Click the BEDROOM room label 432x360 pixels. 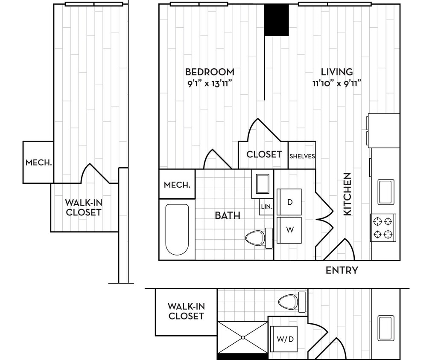(x=209, y=72)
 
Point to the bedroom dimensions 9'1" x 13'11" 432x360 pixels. (x=209, y=83)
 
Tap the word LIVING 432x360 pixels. (x=337, y=72)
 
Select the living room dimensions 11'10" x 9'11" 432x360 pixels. (x=337, y=83)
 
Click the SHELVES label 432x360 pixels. (x=302, y=156)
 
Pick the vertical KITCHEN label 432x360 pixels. (x=347, y=194)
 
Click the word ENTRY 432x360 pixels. (x=342, y=270)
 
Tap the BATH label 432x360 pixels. (x=227, y=215)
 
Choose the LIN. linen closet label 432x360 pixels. (x=266, y=207)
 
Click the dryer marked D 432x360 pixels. (x=289, y=202)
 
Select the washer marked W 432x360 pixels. (x=289, y=230)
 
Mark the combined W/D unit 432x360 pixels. (x=285, y=340)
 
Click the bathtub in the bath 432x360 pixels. (x=177, y=229)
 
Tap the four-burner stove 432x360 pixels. (x=383, y=228)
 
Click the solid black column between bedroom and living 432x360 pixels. (x=276, y=20)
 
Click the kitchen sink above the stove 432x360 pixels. (x=385, y=192)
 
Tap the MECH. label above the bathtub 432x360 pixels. (x=177, y=185)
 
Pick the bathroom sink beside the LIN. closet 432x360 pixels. (x=262, y=184)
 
